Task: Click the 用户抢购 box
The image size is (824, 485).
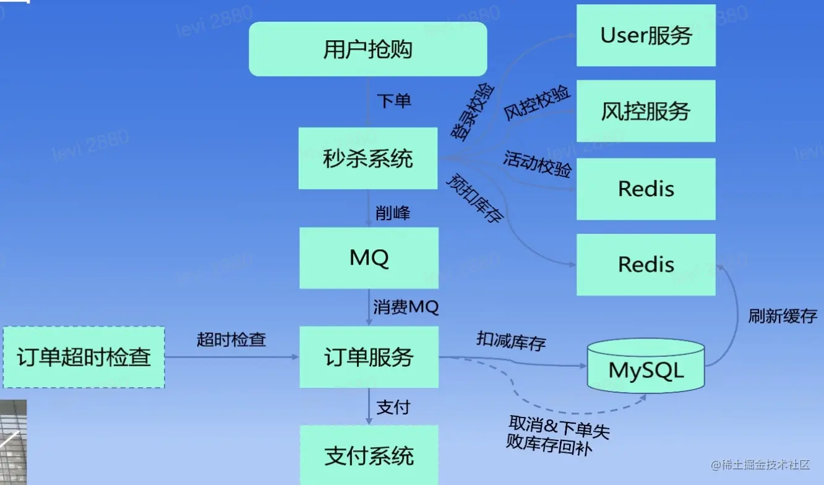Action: coord(368,49)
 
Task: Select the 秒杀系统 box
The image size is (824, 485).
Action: coord(368,159)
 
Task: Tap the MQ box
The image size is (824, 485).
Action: coord(369,258)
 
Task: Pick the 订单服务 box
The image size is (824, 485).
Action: coord(369,357)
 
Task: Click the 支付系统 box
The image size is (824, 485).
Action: coord(369,456)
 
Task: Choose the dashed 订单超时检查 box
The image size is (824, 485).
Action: coord(84,357)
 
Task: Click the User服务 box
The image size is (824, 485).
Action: coord(646,35)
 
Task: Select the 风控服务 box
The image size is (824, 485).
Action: coord(646,111)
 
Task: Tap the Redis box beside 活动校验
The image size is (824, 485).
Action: coord(646,189)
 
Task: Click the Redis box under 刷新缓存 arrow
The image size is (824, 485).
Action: coord(646,264)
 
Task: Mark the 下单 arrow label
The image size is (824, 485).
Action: coord(394,101)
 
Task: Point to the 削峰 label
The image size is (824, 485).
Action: coord(393,213)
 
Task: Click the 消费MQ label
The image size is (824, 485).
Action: coord(406,307)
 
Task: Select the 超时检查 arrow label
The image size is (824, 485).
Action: coord(231,340)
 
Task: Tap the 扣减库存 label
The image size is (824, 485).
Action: coord(511,340)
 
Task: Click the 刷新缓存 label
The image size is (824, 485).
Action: coord(783,317)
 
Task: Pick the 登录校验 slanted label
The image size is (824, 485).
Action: coord(473,112)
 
